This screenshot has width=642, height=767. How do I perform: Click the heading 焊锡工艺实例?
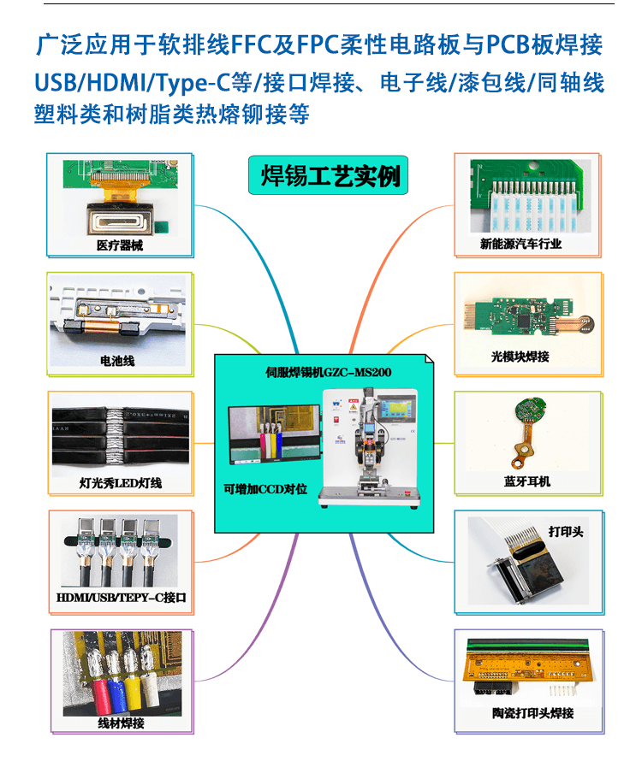point(330,176)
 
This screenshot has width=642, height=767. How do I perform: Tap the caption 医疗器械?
point(119,245)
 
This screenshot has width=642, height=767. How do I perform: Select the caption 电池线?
point(117,361)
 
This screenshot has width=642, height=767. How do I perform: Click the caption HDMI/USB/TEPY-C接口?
point(121,598)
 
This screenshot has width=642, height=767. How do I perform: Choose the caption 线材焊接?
point(121,723)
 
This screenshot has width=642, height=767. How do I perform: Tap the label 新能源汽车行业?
point(520,244)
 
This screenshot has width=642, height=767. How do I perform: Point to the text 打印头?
point(566,531)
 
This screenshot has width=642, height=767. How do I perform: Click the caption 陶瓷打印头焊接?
point(532,713)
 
